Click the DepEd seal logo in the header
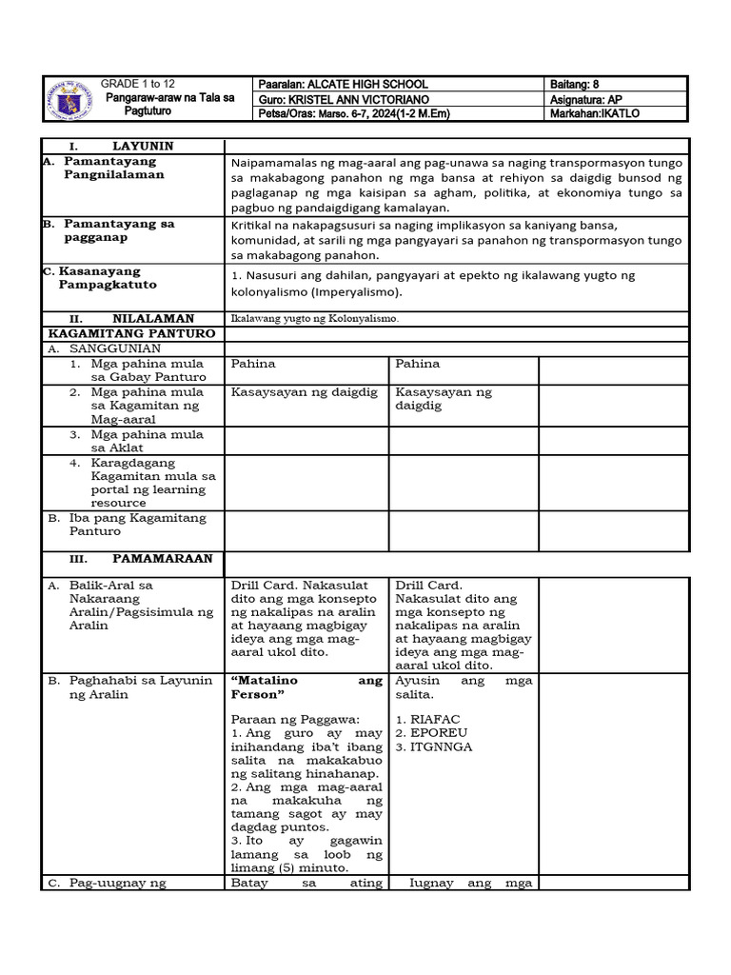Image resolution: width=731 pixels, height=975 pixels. click(x=72, y=98)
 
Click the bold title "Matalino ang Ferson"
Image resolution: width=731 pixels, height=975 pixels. click(x=306, y=687)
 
